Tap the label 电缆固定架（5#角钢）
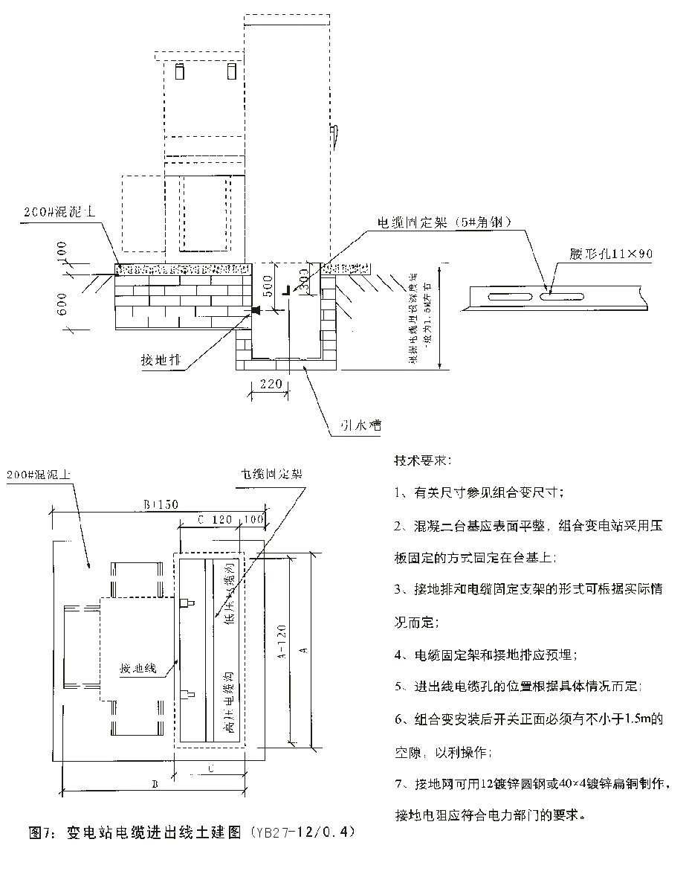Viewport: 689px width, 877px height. (x=445, y=222)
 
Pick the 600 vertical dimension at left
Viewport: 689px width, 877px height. (x=62, y=302)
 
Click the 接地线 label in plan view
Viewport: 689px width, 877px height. (x=138, y=669)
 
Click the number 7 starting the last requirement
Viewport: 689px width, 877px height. (x=398, y=783)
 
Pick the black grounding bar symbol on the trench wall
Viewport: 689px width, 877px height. (x=256, y=309)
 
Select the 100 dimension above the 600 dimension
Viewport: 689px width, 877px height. (x=62, y=251)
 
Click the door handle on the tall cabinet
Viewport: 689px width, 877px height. (x=335, y=135)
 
